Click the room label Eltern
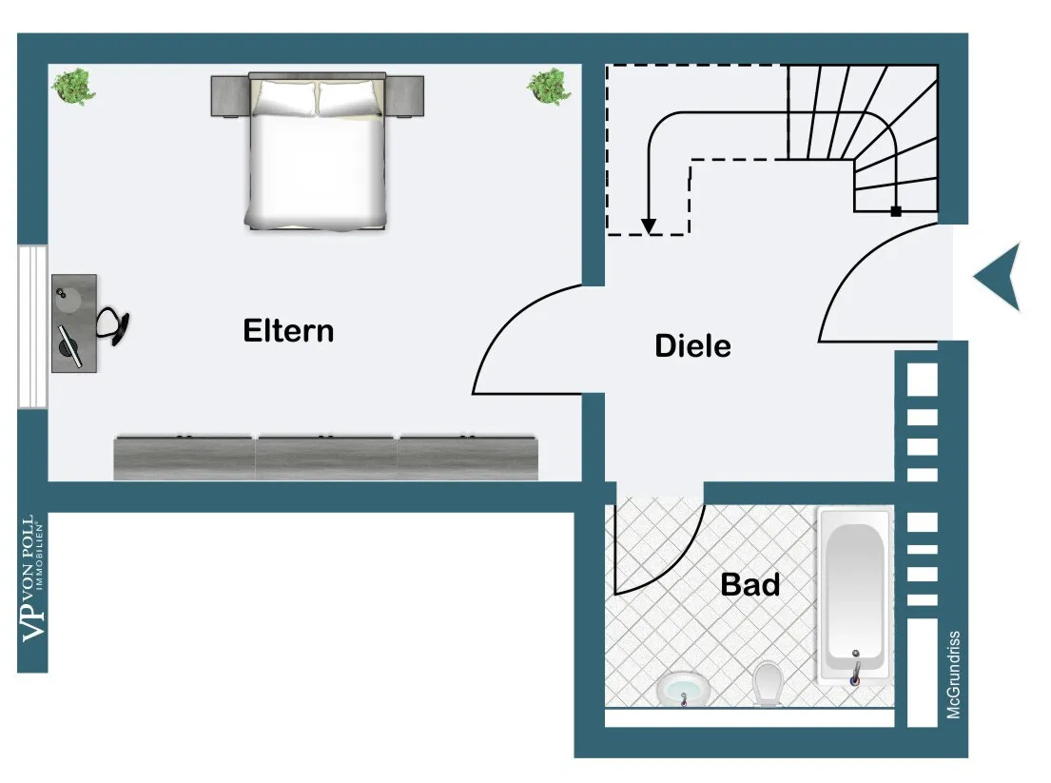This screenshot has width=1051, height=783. (x=288, y=331)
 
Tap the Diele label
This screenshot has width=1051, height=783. (x=692, y=345)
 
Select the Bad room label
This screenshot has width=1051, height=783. (x=749, y=584)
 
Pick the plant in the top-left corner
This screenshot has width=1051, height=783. (x=73, y=86)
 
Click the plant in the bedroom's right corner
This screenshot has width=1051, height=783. (x=549, y=86)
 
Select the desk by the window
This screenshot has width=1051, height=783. (x=73, y=323)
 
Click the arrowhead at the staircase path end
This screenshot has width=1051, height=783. (x=648, y=226)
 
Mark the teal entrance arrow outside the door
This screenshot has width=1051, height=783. (x=999, y=277)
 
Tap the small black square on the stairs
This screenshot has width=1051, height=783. (x=895, y=211)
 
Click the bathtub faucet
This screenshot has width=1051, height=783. (x=855, y=667)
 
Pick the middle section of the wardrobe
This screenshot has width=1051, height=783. (x=325, y=458)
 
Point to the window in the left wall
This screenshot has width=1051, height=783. (x=32, y=326)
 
